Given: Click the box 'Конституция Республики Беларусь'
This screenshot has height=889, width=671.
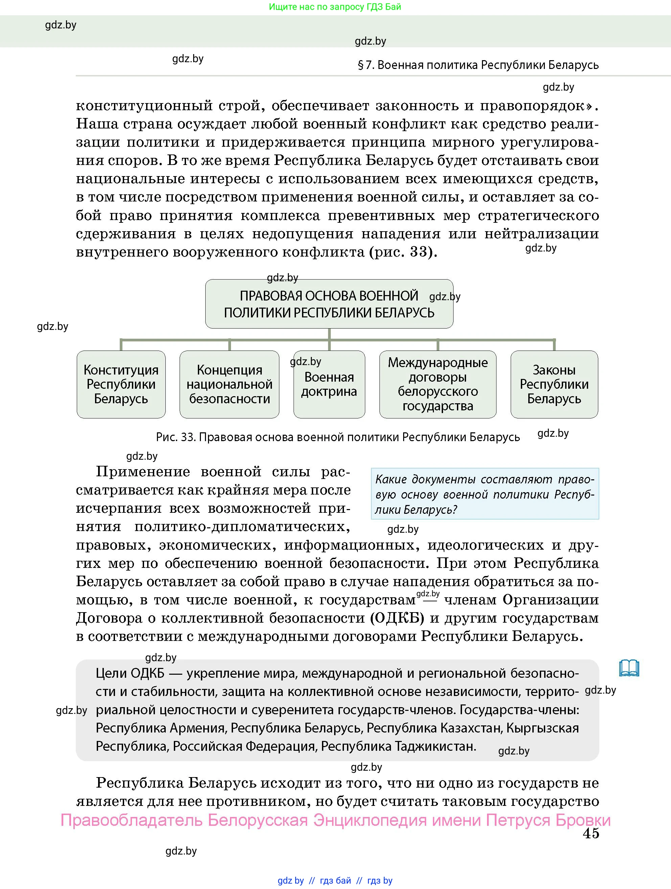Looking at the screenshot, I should pyautogui.click(x=121, y=384).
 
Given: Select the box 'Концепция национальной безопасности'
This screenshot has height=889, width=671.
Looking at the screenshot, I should pyautogui.click(x=229, y=384).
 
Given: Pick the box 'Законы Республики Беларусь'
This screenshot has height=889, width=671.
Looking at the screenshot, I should pyautogui.click(x=554, y=384).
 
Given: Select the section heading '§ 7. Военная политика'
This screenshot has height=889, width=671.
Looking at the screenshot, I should pyautogui.click(x=478, y=65).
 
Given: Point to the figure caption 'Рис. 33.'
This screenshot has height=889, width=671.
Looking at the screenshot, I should pyautogui.click(x=176, y=437).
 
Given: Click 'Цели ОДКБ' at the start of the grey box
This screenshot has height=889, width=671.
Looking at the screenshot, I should pyautogui.click(x=130, y=673).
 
